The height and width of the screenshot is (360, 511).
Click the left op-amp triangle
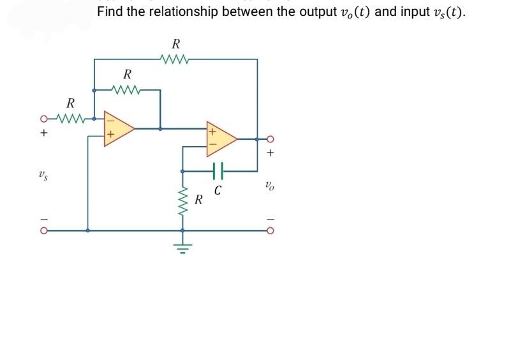(119, 128)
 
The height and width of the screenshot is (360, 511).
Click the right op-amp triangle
(220, 139)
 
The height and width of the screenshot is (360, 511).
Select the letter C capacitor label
(218, 190)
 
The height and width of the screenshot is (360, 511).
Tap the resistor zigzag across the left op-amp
(127, 89)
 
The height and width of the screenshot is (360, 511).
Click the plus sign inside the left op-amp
(110, 135)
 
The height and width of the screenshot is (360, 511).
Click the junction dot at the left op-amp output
(160, 128)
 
